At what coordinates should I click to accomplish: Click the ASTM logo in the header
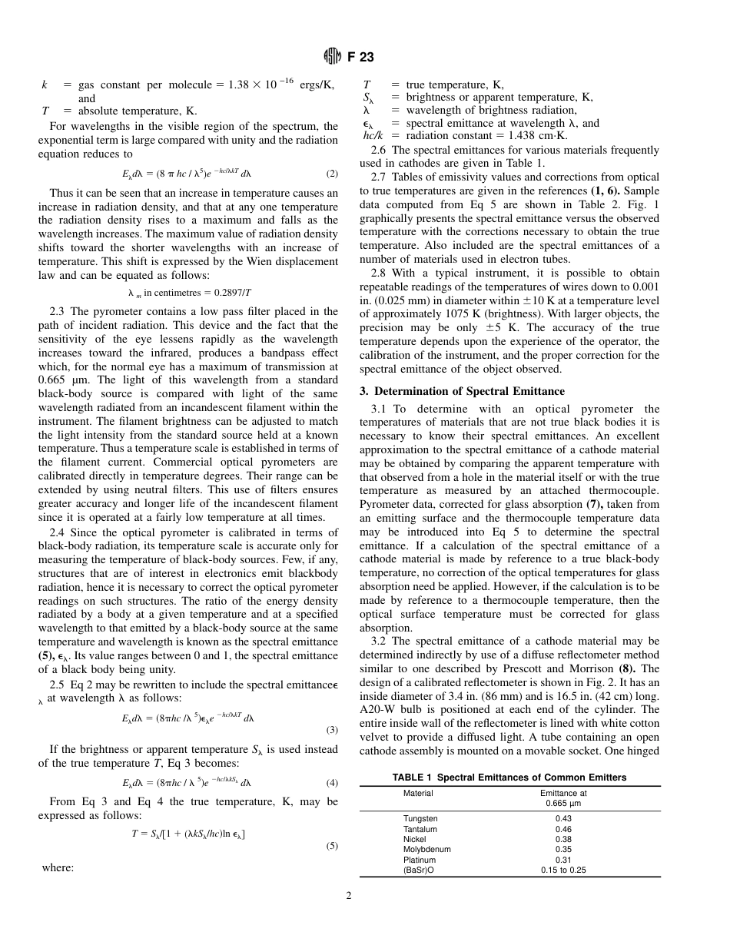coord(331,55)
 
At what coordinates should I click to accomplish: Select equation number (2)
coord(332,174)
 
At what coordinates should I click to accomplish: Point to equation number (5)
coord(332,847)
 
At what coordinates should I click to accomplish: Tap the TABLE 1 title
coord(509,778)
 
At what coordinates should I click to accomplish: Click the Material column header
coord(418,793)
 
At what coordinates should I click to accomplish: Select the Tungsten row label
coord(420,819)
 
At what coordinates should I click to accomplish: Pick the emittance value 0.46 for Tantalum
coord(563,830)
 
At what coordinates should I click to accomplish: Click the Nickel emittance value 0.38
coord(563,840)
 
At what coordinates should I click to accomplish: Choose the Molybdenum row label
coord(426,850)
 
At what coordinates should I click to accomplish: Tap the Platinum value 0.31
coord(563,860)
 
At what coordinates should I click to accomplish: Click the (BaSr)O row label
coord(419,870)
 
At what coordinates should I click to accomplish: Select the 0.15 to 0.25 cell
coord(563,870)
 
